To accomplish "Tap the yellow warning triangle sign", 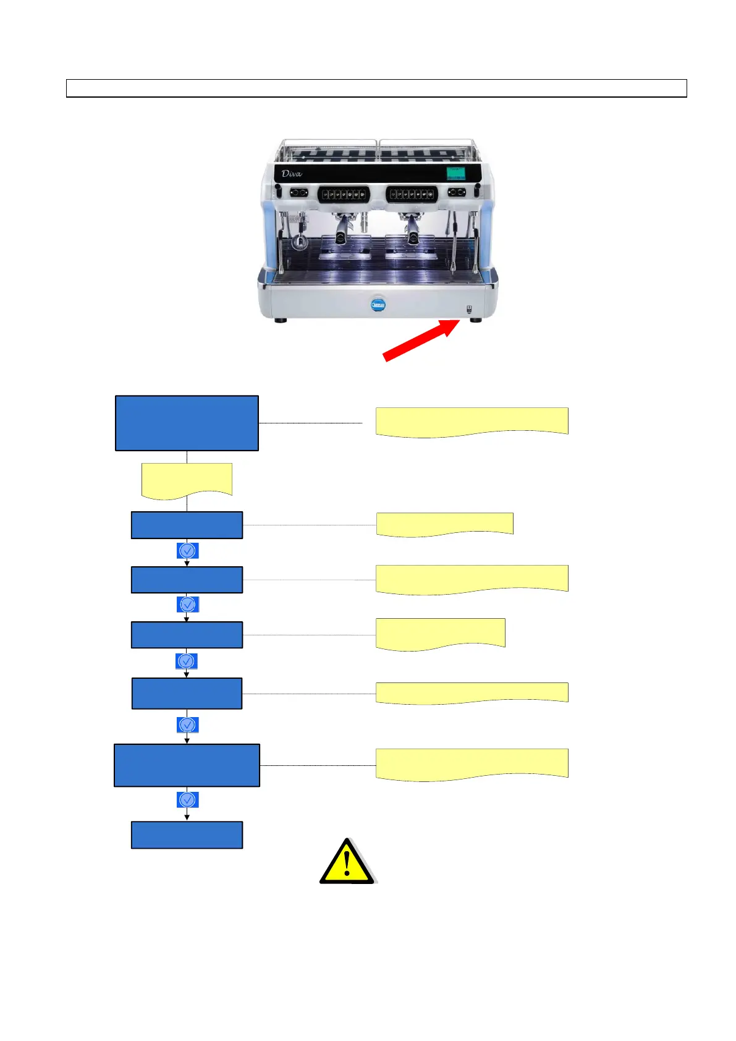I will coord(347,862).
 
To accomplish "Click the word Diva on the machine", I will coord(292,174).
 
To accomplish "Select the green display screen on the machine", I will coord(456,172).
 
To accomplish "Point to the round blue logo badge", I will coord(378,305).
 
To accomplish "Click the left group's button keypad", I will coord(344,194).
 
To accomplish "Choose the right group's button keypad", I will coord(412,194).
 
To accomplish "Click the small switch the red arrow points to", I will coord(469,309).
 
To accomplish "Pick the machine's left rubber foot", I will coord(281,320).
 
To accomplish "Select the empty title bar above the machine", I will coord(376,88).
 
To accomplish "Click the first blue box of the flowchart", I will coord(187,423).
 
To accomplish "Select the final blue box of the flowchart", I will coord(187,835).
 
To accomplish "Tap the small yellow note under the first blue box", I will coord(187,480).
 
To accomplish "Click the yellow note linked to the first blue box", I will coord(472,422).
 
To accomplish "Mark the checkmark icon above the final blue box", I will coord(187,800).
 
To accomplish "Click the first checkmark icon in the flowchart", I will coord(187,550).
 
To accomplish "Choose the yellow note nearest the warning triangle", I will coord(472,764).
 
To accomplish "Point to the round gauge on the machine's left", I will coord(300,242).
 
